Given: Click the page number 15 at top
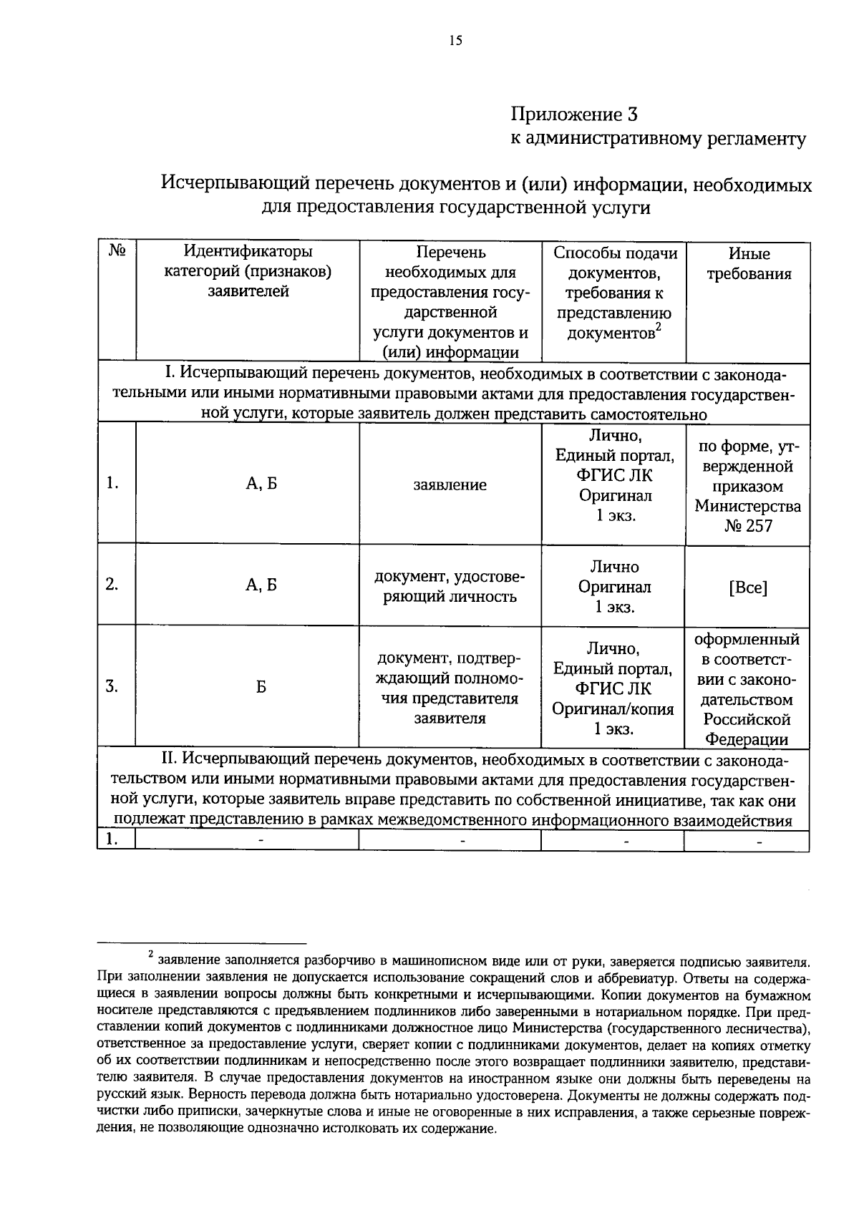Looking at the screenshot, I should coord(455,41).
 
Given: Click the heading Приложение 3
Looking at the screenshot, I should coord(573,114).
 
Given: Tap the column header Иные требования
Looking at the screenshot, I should coord(749,263).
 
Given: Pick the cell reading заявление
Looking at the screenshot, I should coord(450,484).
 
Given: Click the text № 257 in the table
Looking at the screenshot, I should coord(747,526).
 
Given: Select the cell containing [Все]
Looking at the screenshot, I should coord(747,588).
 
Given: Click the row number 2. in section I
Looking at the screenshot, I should coord(112,584).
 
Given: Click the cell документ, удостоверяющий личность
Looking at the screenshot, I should coord(450,587).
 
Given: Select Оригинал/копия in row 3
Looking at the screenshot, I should coord(613,708).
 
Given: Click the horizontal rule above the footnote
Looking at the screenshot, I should coord(202,944).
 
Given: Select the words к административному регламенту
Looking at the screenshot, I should coord(658,139).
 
